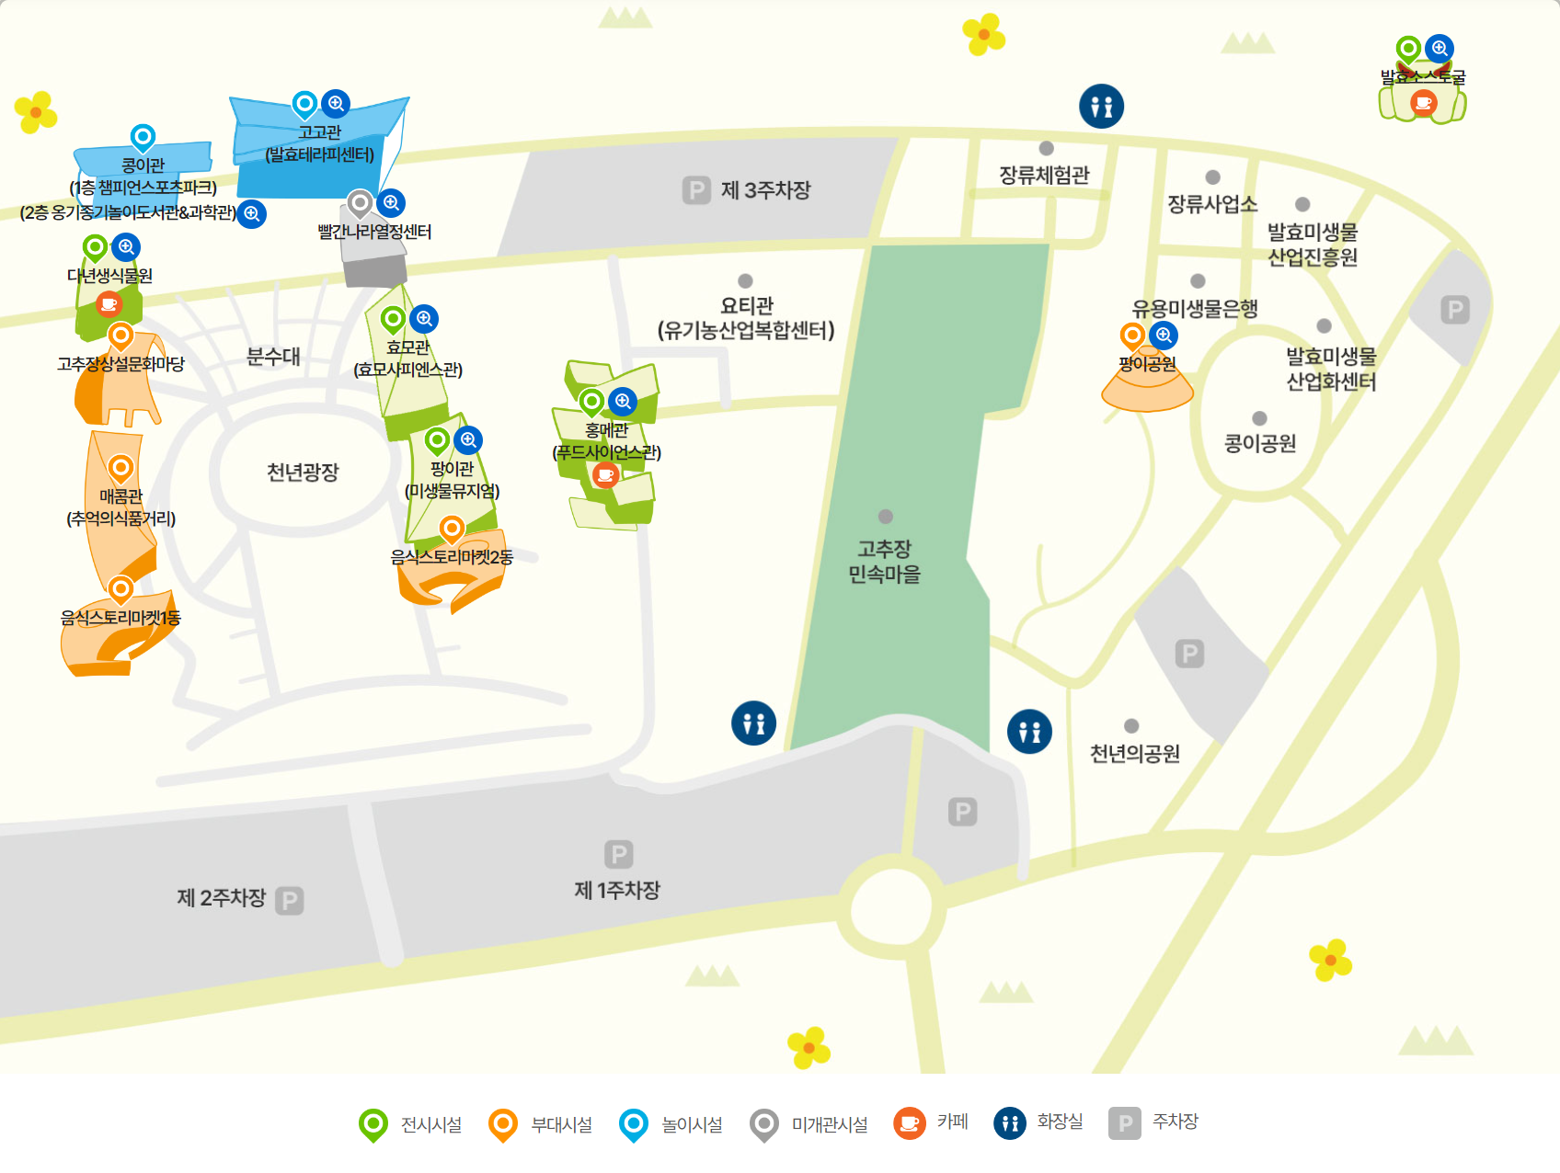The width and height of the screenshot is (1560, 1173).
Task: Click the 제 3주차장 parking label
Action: click(765, 190)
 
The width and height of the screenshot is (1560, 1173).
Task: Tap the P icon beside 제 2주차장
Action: click(289, 900)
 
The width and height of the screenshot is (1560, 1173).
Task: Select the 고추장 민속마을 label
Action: click(884, 562)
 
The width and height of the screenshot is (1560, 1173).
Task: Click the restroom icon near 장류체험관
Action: click(1101, 107)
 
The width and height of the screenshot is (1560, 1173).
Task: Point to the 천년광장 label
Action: click(303, 473)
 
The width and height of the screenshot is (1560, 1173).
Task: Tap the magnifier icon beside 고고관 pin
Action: click(337, 104)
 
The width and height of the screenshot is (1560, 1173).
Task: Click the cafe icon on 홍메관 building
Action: click(604, 474)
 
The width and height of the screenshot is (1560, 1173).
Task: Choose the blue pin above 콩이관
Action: click(143, 138)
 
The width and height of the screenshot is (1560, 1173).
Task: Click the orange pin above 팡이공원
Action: click(1132, 335)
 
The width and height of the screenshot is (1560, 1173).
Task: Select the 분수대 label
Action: click(273, 357)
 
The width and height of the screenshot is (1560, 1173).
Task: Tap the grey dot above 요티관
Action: click(745, 281)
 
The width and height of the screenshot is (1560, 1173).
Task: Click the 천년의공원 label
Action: click(1134, 754)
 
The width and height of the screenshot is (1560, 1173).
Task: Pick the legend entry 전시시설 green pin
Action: click(373, 1123)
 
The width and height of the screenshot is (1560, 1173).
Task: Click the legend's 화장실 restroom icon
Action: click(1009, 1122)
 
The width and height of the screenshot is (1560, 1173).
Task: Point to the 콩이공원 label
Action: click(1259, 444)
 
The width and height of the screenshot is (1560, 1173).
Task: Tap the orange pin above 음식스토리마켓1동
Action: click(120, 588)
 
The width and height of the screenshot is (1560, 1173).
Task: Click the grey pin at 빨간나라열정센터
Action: click(360, 202)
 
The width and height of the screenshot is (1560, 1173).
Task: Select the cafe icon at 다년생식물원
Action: click(109, 302)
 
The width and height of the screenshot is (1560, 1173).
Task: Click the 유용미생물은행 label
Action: click(1195, 309)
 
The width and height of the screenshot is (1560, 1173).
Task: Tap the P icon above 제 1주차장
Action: click(618, 854)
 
